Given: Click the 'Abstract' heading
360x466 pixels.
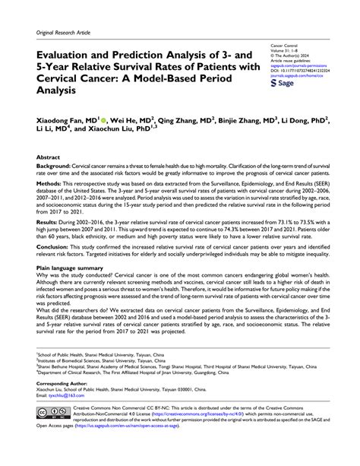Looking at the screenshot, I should [x=49, y=157].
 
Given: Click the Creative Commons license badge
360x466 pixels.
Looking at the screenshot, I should [x=52, y=413].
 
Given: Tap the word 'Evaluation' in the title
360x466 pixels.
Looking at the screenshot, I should [x=71, y=55].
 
